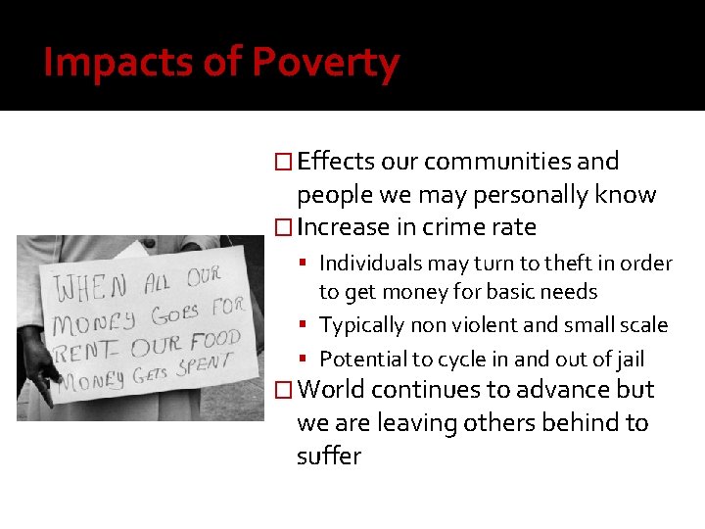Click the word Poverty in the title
(x=325, y=63)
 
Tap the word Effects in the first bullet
(x=335, y=161)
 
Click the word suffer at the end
(x=329, y=456)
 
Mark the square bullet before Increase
(x=283, y=228)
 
